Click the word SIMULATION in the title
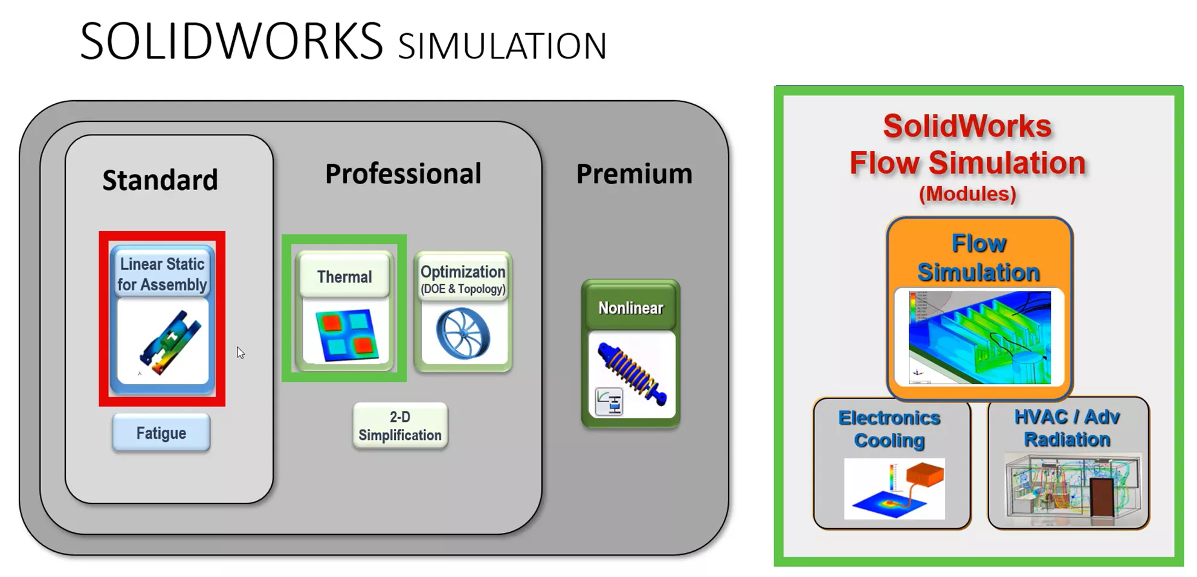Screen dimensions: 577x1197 [502, 47]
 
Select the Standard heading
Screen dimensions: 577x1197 [160, 180]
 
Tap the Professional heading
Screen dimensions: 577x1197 [403, 174]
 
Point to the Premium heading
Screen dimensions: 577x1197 [634, 174]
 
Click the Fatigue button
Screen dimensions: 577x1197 [161, 433]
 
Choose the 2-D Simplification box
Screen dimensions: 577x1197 [400, 426]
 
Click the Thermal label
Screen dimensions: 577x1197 [344, 276]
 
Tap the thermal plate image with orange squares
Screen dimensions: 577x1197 [346, 335]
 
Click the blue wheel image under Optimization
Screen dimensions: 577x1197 [463, 334]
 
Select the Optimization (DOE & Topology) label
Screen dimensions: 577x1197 [463, 278]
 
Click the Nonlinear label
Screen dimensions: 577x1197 [631, 308]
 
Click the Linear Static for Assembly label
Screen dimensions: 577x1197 [162, 274]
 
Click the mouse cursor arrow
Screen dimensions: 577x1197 [240, 352]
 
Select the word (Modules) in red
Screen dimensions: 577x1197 [967, 194]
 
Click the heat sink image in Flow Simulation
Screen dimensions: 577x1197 [979, 337]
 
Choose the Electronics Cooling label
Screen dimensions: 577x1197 [889, 429]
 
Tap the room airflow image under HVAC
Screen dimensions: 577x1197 [1071, 488]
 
